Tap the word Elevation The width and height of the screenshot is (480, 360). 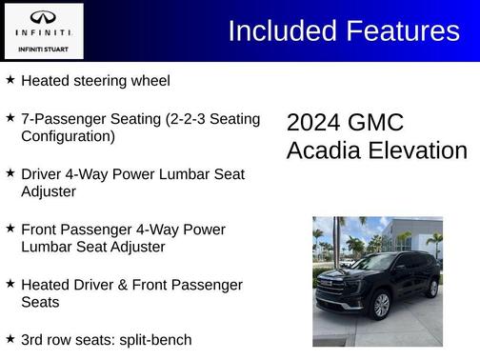pos(420,151)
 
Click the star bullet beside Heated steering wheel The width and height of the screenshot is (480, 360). pos(10,80)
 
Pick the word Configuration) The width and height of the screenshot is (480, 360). pos(68,136)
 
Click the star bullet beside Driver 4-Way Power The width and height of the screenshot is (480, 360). pos(10,173)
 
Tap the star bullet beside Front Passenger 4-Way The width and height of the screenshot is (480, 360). pos(10,229)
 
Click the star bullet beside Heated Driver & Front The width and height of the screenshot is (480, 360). pos(10,284)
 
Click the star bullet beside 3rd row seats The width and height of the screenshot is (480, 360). pos(10,339)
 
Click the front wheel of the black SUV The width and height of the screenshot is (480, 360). pos(382,306)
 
